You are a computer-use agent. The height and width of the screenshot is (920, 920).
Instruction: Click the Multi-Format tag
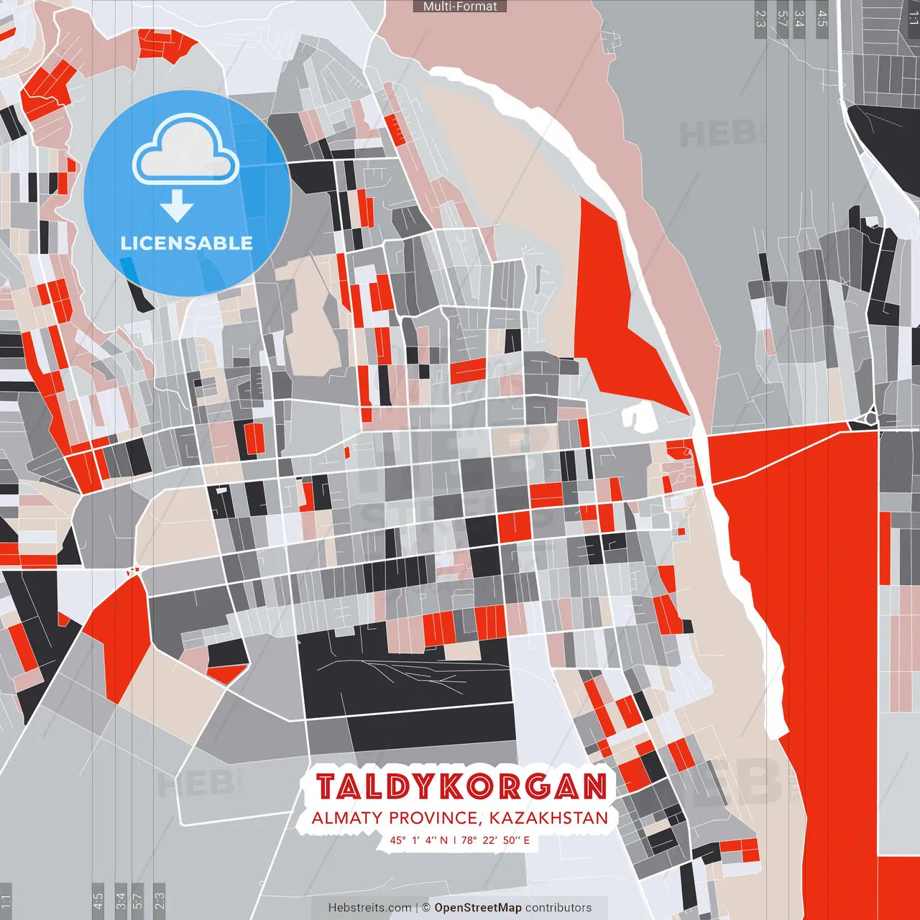tap(460, 6)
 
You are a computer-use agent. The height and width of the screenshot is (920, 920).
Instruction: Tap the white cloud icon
tap(186, 153)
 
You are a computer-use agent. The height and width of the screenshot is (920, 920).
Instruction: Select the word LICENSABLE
tap(187, 243)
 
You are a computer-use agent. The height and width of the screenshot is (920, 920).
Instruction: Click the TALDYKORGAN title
tap(461, 787)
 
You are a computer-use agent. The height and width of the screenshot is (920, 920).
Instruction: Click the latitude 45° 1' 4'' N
tap(418, 839)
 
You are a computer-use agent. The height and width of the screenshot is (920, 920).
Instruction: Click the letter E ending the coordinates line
tap(527, 839)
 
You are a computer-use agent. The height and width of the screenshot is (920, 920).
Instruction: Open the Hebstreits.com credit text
tap(369, 908)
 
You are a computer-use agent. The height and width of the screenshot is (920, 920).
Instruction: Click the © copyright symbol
tap(426, 908)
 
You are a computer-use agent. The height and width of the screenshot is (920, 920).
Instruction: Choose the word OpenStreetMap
tap(478, 908)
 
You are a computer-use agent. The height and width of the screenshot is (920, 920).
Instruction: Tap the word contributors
tap(558, 908)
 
